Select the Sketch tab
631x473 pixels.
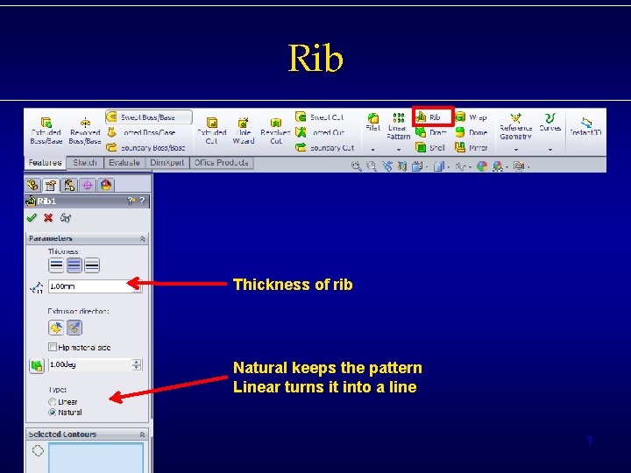(x=85, y=163)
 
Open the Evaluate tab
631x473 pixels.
(x=124, y=163)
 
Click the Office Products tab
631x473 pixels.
(x=221, y=163)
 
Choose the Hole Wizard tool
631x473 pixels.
(x=244, y=131)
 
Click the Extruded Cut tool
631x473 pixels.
(x=211, y=131)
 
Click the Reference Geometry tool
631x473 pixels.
(x=515, y=128)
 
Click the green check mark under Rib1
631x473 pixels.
(x=32, y=218)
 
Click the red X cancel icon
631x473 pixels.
(x=48, y=218)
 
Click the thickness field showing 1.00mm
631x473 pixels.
(x=88, y=286)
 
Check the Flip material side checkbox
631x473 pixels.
(x=53, y=348)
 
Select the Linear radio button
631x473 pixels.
(x=53, y=402)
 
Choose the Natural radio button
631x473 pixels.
(x=53, y=412)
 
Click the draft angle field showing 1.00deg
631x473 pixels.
(x=93, y=364)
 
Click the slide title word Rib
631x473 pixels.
(x=315, y=59)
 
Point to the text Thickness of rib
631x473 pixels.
(x=293, y=285)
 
